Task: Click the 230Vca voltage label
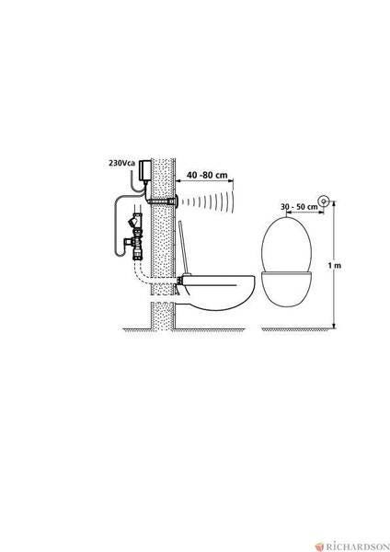tap(121, 164)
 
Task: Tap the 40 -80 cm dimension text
tap(207, 175)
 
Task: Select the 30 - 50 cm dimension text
tap(299, 207)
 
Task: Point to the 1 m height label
tap(335, 265)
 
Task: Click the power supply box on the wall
tap(145, 170)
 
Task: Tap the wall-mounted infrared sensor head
tap(175, 201)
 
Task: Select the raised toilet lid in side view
tap(185, 247)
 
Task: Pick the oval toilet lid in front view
tap(286, 245)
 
